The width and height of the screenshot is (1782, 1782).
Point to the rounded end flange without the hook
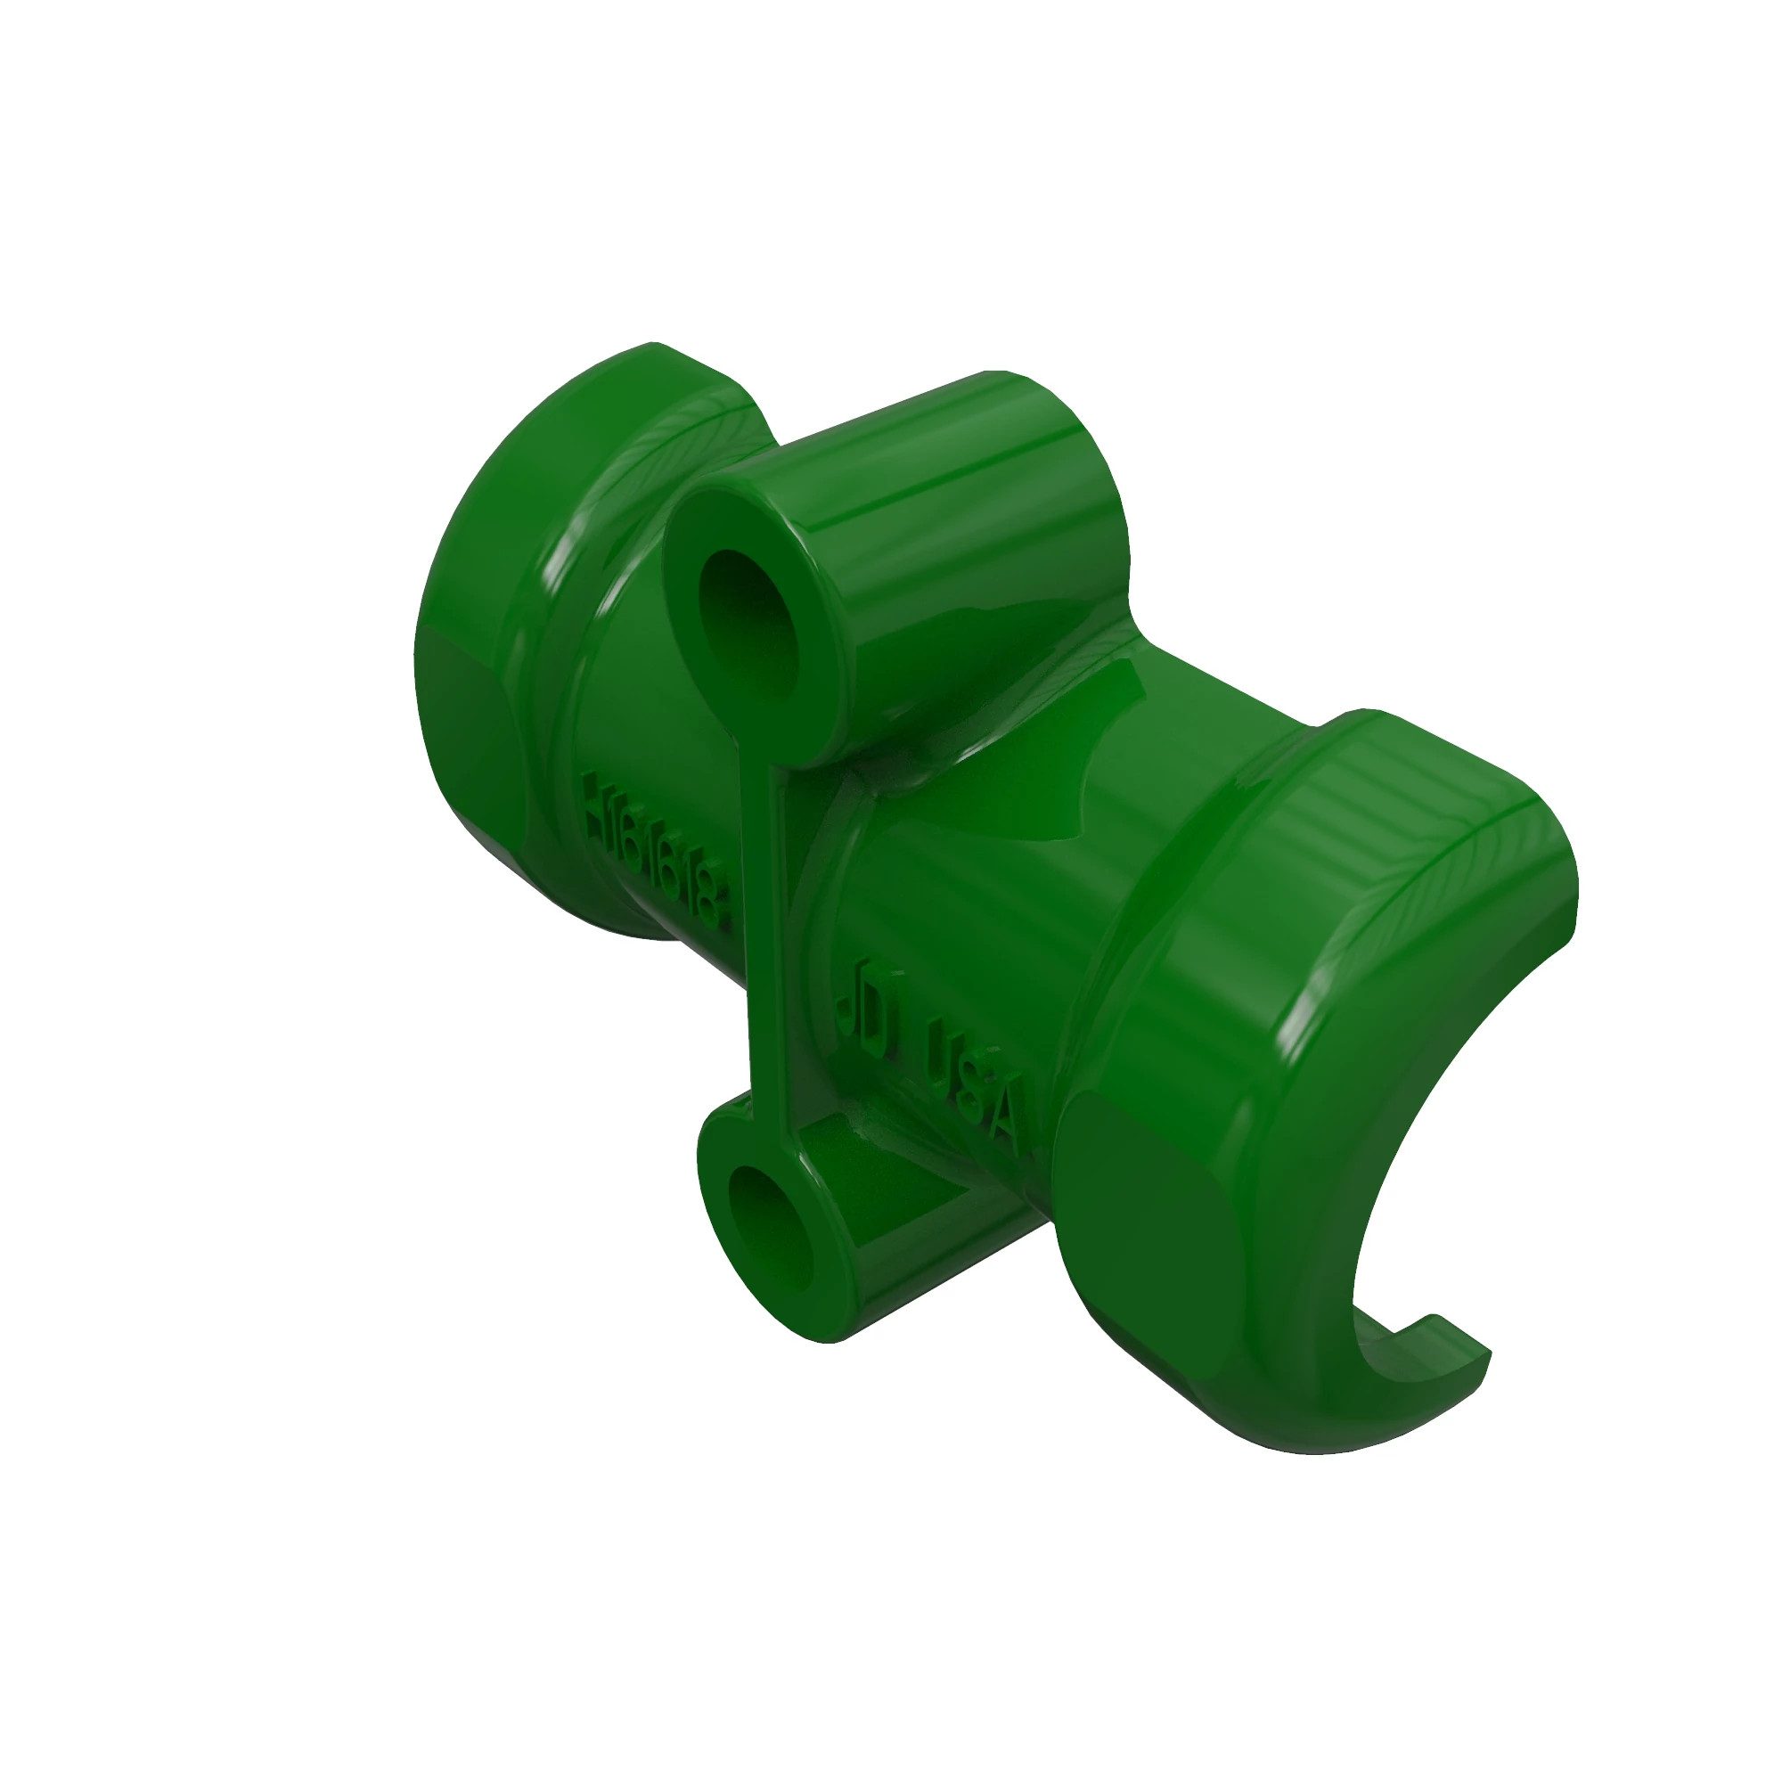pos(517,646)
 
